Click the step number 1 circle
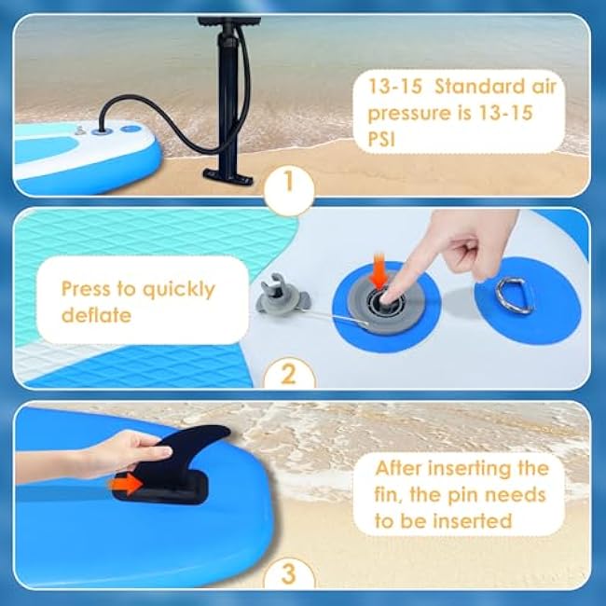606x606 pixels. tap(289, 189)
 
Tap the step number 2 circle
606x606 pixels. tap(289, 374)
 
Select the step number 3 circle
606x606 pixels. tap(289, 573)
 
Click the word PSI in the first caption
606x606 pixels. tap(381, 139)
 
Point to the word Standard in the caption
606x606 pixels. tap(480, 86)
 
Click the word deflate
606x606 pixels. tap(97, 315)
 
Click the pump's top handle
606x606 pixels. tap(229, 21)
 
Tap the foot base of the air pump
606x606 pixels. tap(228, 176)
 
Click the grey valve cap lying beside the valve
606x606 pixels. tap(282, 295)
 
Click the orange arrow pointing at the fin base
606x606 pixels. tap(126, 484)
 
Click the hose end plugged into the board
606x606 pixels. tap(103, 129)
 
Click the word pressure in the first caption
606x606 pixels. tap(409, 114)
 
